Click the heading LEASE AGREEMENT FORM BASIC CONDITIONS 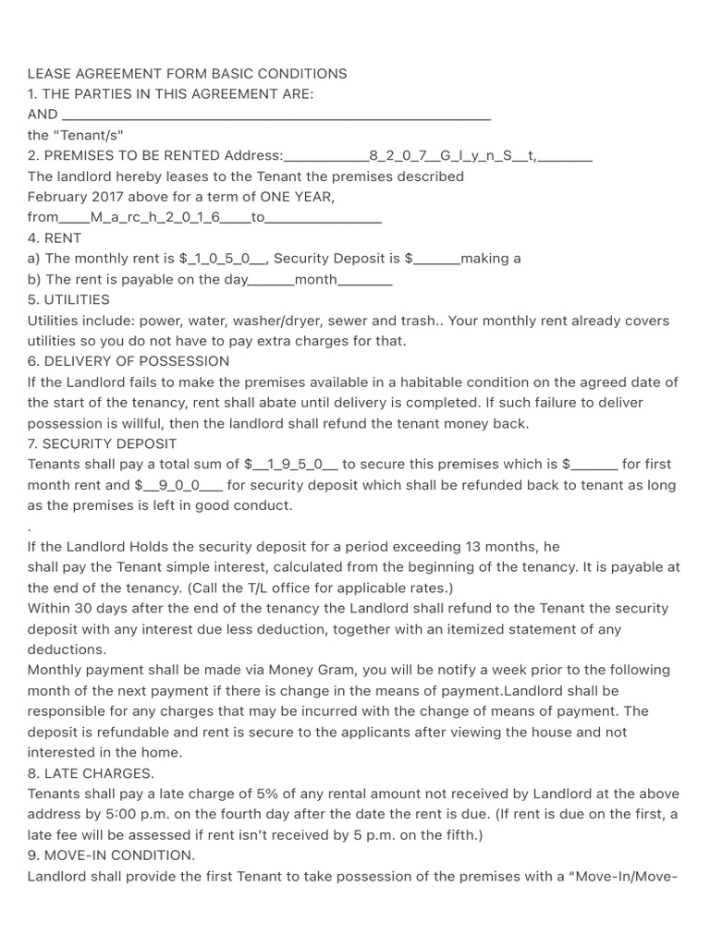click(188, 73)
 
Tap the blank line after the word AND click(275, 115)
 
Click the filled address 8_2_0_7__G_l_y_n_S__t click(450, 155)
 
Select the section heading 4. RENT click(55, 237)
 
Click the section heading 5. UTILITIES click(68, 299)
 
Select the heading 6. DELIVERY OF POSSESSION click(129, 361)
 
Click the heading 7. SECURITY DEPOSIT click(102, 443)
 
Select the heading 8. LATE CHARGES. click(91, 772)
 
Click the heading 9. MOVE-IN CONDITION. click(111, 855)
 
